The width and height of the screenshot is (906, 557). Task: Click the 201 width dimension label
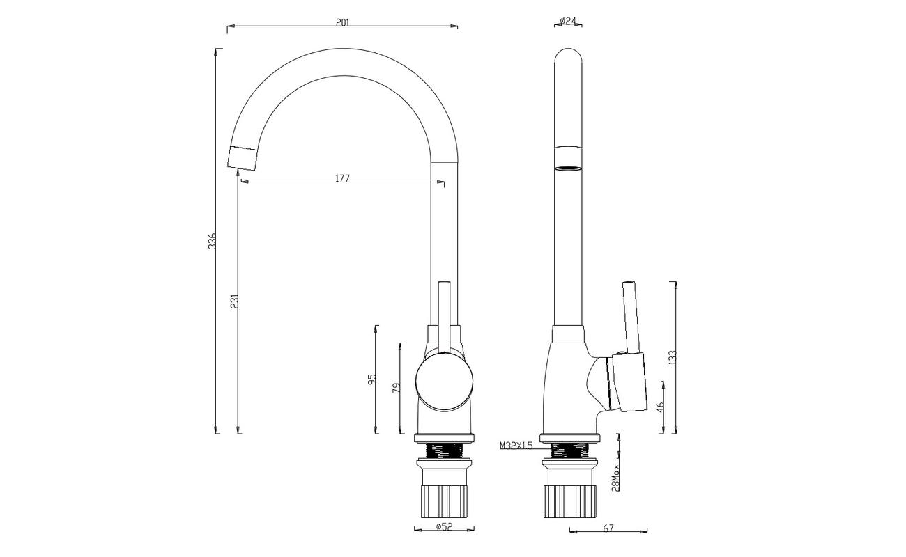click(342, 22)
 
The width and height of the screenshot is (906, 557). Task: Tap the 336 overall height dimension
click(213, 241)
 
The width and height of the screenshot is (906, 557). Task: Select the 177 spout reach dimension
click(343, 178)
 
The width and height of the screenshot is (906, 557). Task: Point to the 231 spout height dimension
click(235, 301)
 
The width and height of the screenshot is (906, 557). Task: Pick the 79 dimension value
click(397, 388)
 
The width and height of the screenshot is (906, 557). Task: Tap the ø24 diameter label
click(568, 21)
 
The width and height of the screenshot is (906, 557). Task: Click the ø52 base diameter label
click(444, 526)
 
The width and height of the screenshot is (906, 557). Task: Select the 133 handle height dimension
click(673, 358)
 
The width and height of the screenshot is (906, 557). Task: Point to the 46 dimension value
click(660, 407)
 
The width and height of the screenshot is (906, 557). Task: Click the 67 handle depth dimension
click(608, 528)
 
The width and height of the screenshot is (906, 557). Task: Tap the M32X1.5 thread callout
click(516, 446)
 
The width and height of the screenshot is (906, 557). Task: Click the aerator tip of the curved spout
click(243, 157)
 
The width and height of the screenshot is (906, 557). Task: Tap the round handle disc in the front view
click(445, 382)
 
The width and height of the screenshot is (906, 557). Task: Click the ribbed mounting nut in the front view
click(445, 501)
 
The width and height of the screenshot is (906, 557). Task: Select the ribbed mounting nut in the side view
click(570, 501)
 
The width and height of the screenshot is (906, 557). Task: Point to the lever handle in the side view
click(631, 318)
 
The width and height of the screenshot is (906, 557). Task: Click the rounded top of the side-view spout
click(568, 56)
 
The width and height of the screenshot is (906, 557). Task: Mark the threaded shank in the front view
click(445, 450)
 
